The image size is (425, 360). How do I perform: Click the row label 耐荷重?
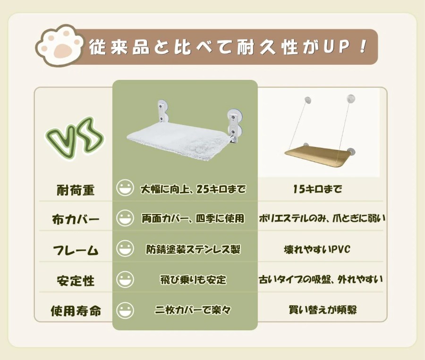[x=76, y=190]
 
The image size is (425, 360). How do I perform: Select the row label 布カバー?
[x=76, y=219]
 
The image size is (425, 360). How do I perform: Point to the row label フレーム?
[x=76, y=250]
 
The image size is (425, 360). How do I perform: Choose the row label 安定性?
[x=76, y=281]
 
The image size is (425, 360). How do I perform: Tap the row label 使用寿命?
[x=76, y=311]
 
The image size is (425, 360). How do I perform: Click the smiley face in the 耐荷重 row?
[x=125, y=188]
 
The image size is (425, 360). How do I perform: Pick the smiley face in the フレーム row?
[x=125, y=249]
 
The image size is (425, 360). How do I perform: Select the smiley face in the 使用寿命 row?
[x=125, y=310]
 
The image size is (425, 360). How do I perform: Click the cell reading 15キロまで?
[x=317, y=189]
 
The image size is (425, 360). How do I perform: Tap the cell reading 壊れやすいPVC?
[x=317, y=249]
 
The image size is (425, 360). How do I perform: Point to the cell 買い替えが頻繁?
[x=323, y=309]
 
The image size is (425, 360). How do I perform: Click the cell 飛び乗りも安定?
[x=193, y=280]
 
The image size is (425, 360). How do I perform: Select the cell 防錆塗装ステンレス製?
[x=193, y=249]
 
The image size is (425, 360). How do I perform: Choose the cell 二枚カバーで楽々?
[x=193, y=309]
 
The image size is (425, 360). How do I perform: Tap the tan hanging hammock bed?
[x=318, y=155]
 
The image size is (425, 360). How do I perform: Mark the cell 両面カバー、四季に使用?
[x=193, y=218]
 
